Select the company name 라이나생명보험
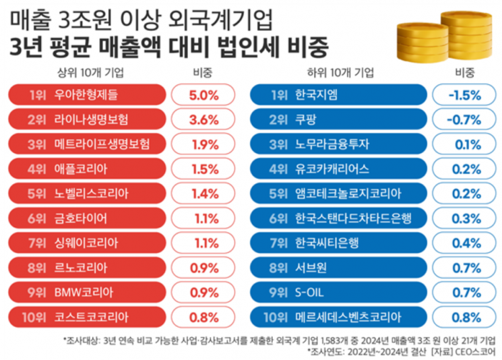point(91,120)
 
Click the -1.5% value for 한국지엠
point(464,95)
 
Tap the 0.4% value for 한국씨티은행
point(464,243)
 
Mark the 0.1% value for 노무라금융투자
point(464,144)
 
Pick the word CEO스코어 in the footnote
point(476,351)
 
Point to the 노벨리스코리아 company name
point(91,193)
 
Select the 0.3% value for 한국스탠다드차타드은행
point(464,218)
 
